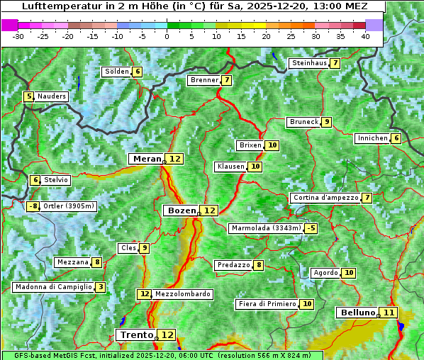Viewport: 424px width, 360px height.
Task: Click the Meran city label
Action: [147, 159]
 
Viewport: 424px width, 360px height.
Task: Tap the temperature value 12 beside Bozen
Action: [209, 210]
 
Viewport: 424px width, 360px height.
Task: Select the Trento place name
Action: [136, 334]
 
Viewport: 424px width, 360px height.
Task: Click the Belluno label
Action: [357, 313]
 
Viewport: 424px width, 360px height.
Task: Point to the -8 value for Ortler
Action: [33, 206]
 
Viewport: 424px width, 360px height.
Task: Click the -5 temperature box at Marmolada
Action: [311, 228]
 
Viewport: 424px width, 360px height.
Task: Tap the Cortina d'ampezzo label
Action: [325, 198]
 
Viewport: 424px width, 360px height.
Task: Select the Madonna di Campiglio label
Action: [53, 287]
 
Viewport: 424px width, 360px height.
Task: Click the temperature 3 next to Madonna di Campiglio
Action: [101, 287]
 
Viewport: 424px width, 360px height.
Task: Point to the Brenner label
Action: [204, 80]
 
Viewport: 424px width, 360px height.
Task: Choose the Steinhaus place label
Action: [308, 63]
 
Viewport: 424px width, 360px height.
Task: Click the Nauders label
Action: [52, 96]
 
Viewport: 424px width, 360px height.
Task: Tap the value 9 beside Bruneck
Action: [326, 122]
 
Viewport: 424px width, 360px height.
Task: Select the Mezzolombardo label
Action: [182, 294]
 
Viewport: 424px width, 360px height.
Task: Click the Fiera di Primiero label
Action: [267, 304]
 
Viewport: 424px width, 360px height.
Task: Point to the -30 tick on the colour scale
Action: [18, 35]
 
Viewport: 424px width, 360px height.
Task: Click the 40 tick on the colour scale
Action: [365, 35]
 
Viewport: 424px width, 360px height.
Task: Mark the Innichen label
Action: [372, 138]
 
